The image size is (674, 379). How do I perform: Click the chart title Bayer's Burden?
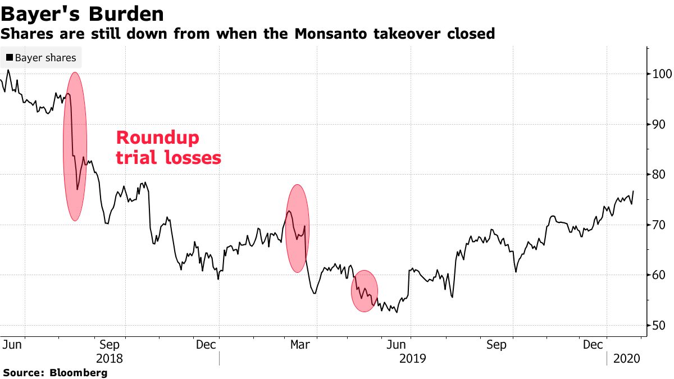pyautogui.click(x=83, y=13)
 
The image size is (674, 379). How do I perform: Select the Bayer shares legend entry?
pyautogui.click(x=41, y=58)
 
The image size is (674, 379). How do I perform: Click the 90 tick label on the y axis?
pyautogui.click(x=658, y=124)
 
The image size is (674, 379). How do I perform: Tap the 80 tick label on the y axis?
pyautogui.click(x=658, y=175)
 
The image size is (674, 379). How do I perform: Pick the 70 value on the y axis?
pyautogui.click(x=658, y=225)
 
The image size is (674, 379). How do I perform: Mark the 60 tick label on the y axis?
pyautogui.click(x=658, y=275)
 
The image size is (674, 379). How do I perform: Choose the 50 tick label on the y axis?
pyautogui.click(x=658, y=326)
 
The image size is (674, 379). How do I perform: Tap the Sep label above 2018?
pyautogui.click(x=110, y=345)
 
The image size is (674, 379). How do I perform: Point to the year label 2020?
pyautogui.click(x=627, y=358)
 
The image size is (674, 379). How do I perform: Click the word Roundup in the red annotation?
pyautogui.click(x=157, y=138)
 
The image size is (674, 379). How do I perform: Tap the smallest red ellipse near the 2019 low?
pyautogui.click(x=365, y=290)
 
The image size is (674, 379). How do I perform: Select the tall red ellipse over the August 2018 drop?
pyautogui.click(x=75, y=146)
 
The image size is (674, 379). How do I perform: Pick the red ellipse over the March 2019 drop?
pyautogui.click(x=298, y=229)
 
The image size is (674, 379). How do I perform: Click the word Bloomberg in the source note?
pyautogui.click(x=79, y=372)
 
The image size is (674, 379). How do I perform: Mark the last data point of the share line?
pyautogui.click(x=634, y=191)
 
